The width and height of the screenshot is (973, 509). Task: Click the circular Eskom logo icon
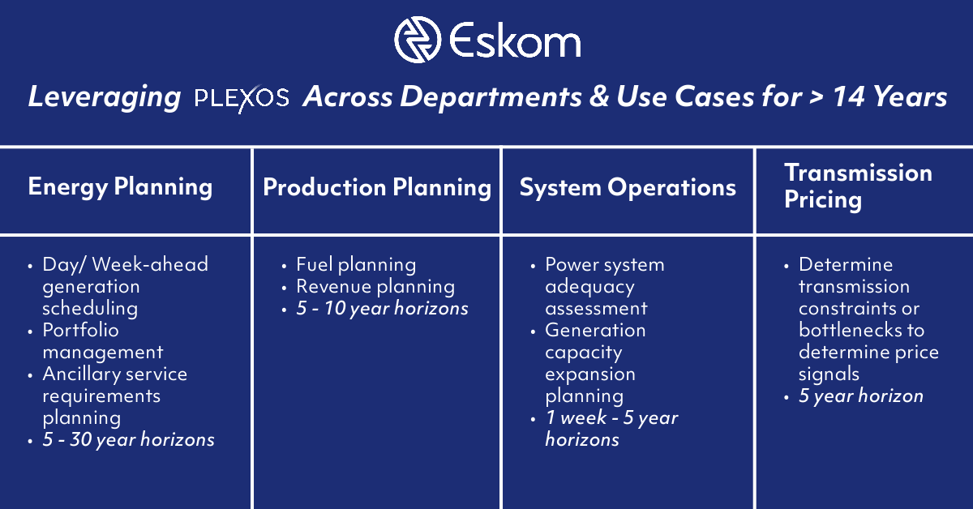click(x=418, y=40)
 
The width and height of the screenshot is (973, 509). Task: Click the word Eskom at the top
click(x=516, y=41)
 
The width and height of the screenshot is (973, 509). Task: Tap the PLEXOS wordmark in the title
click(x=242, y=99)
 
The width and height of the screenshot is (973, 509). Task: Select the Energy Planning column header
click(x=120, y=187)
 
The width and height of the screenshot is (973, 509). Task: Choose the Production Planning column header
click(x=377, y=187)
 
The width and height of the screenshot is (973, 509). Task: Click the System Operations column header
click(x=628, y=187)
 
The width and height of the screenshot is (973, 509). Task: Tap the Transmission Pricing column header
click(x=858, y=186)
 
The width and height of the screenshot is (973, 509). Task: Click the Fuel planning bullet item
click(x=355, y=264)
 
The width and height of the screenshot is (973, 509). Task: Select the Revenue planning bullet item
click(x=375, y=286)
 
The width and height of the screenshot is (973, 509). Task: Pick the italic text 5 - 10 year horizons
click(x=382, y=309)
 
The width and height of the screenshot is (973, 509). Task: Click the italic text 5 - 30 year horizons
click(x=128, y=439)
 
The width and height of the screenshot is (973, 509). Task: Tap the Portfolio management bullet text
click(x=102, y=340)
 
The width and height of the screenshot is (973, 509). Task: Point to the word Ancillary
click(x=81, y=374)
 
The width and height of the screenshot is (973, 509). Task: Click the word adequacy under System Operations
click(x=589, y=286)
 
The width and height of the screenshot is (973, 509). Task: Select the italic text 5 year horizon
click(x=860, y=396)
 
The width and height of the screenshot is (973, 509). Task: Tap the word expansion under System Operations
click(x=589, y=374)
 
